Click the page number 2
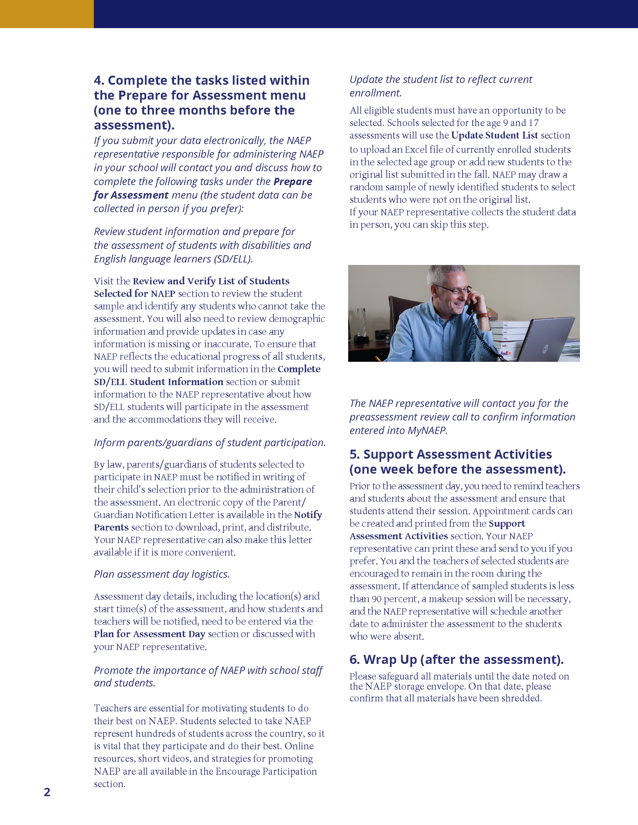point(47,792)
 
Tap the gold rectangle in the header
point(47,14)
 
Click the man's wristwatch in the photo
point(483,315)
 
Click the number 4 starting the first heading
point(98,81)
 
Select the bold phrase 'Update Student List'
point(494,135)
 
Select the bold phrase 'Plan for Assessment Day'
point(149,634)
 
